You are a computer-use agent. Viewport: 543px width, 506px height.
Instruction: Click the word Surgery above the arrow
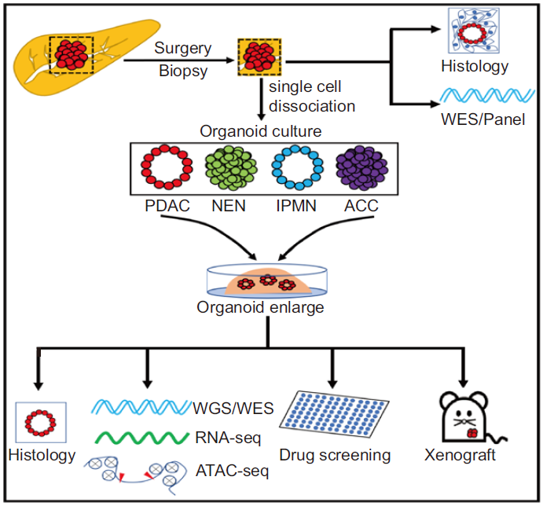(182, 49)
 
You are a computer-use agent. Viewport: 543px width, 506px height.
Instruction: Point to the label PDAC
(165, 207)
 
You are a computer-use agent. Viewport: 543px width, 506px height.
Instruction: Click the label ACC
(360, 207)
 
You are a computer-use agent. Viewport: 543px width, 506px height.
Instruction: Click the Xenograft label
(465, 455)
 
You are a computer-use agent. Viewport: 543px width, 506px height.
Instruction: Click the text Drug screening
(335, 455)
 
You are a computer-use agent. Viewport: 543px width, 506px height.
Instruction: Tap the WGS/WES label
(233, 408)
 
